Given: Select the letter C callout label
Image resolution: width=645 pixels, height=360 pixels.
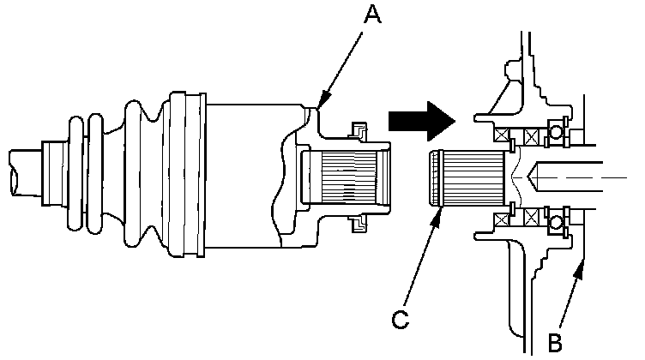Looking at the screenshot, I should coord(399,320).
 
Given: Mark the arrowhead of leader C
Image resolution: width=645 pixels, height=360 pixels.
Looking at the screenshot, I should coord(440,209).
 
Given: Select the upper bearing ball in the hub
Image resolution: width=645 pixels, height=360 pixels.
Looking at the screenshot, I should coord(557,134).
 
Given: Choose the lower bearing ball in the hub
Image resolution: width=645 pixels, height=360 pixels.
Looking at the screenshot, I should coord(557,225).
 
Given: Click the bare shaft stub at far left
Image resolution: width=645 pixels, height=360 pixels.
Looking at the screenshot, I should coord(21,169).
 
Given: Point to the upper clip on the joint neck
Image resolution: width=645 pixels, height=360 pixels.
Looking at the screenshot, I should coord(354,130).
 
